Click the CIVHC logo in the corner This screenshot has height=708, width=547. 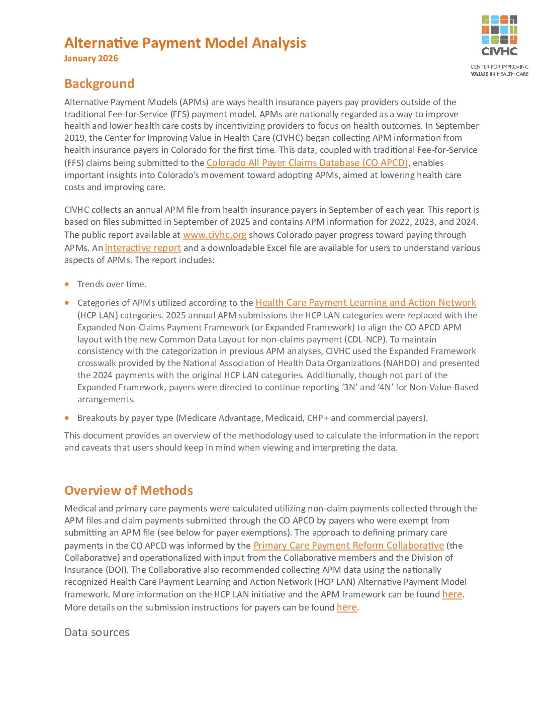click(499, 35)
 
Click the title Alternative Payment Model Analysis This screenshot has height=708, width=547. click(185, 43)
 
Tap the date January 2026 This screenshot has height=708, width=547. click(91, 58)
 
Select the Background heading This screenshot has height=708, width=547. click(99, 83)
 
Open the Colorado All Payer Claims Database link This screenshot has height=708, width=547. click(307, 163)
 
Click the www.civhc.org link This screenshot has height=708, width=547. click(215, 235)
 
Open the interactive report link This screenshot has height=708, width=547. click(143, 248)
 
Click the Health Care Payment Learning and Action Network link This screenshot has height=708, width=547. click(366, 303)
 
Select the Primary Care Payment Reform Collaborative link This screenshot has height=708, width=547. click(348, 546)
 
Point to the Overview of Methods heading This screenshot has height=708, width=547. click(128, 490)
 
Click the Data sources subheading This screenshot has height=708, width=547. click(97, 632)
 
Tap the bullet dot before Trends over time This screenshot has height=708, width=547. click(67, 284)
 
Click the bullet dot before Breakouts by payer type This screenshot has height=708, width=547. click(67, 418)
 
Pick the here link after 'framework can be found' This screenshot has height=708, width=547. click(452, 594)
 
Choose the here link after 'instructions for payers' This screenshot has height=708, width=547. click(346, 607)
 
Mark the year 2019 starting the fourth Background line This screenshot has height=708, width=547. click(74, 138)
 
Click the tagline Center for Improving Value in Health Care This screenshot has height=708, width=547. click(499, 70)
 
